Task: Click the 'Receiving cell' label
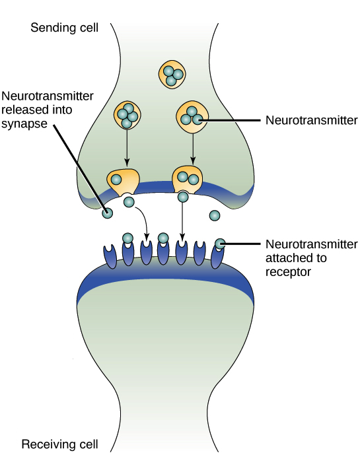tap(60, 444)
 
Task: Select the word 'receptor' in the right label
tap(288, 271)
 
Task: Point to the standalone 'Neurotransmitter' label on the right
tap(310, 120)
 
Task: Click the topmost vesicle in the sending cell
tap(170, 75)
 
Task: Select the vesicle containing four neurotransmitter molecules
tap(127, 116)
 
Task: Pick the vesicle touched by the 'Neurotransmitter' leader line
tap(192, 116)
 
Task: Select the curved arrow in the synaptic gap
tap(143, 221)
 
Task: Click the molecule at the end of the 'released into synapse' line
tap(106, 213)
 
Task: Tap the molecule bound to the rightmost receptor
tap(219, 244)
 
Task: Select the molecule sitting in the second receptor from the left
tap(127, 238)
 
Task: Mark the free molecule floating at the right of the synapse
tap(214, 215)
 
